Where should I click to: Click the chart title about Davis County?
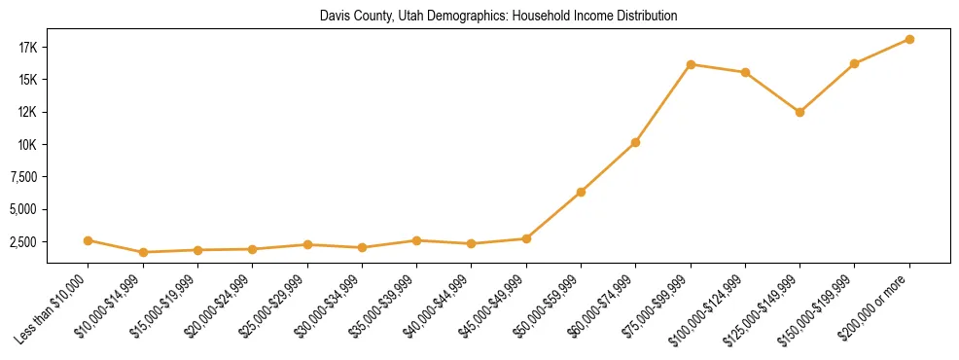[498, 16]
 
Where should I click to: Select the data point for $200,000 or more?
[909, 39]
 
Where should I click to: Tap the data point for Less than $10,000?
[88, 240]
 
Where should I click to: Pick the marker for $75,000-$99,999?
[691, 64]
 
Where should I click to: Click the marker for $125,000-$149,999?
[799, 112]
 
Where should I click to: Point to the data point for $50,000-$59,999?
[581, 192]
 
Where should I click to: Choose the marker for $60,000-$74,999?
[635, 142]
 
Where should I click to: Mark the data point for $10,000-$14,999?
[143, 252]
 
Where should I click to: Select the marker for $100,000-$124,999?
[745, 72]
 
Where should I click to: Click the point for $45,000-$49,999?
[526, 238]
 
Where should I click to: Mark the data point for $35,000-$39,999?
[416, 240]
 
